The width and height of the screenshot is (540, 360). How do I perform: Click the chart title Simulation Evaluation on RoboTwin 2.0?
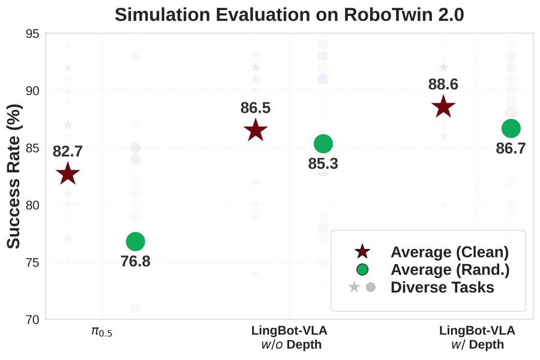pyautogui.click(x=289, y=14)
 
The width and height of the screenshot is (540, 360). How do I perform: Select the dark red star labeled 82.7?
pyautogui.click(x=68, y=174)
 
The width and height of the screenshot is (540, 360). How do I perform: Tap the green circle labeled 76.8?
pyautogui.click(x=136, y=241)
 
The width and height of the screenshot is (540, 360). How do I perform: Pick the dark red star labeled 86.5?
pyautogui.click(x=256, y=130)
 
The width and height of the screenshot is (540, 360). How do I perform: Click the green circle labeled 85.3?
pyautogui.click(x=323, y=143)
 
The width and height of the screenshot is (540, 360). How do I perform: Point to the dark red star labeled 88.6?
pyautogui.click(x=443, y=107)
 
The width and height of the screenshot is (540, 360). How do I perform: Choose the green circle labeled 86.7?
pyautogui.click(x=511, y=128)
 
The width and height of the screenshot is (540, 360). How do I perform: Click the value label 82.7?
pyautogui.click(x=68, y=152)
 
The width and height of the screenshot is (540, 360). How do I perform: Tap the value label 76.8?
pyautogui.click(x=136, y=262)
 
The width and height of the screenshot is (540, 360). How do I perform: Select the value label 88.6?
pyautogui.click(x=443, y=85)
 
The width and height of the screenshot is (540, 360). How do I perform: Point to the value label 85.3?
pyautogui.click(x=323, y=163)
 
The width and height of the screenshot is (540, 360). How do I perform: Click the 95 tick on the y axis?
pyautogui.click(x=33, y=34)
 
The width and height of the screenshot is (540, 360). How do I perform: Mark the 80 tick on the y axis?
pyautogui.click(x=33, y=205)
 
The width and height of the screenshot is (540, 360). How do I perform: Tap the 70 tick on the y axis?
pyautogui.click(x=33, y=319)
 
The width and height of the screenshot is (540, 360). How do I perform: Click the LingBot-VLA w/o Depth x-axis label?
pyautogui.click(x=289, y=337)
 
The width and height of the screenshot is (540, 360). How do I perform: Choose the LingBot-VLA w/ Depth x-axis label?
pyautogui.click(x=477, y=337)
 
